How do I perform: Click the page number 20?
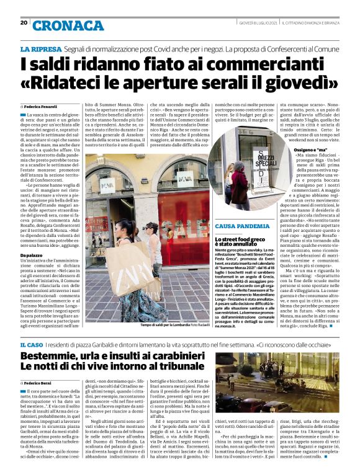pos(24,23)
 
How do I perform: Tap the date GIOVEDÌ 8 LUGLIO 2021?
pos(258,24)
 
